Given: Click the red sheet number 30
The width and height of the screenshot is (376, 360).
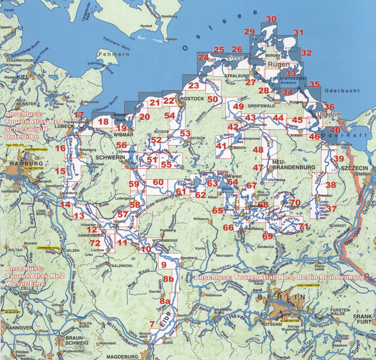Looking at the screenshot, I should pos(271,19).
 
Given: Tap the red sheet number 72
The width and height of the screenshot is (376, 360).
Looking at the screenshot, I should pos(95,243).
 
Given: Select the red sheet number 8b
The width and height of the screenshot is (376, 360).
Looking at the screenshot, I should pos(168,280).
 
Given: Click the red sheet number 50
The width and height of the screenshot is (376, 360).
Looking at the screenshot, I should pos(213,100).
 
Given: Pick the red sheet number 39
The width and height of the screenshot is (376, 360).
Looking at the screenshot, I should pos(339,159).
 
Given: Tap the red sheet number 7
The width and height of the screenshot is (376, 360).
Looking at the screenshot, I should pos(152,324).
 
